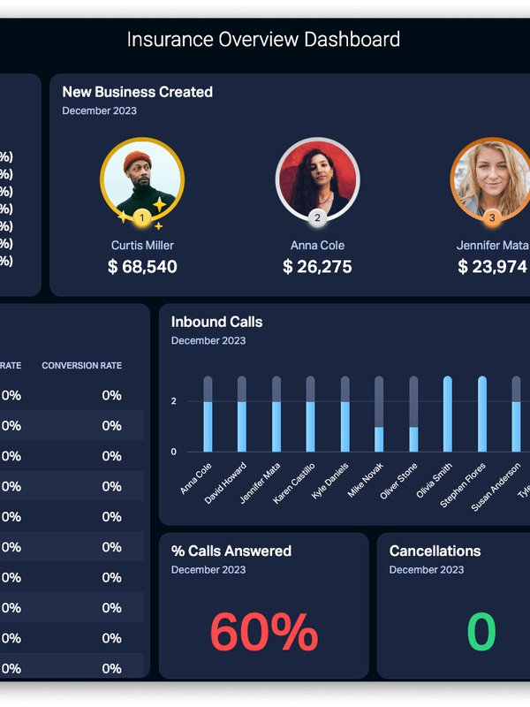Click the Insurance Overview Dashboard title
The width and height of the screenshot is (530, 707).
tap(263, 40)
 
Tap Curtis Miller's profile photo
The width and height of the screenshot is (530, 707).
tap(142, 179)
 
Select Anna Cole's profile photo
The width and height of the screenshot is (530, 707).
tap(317, 179)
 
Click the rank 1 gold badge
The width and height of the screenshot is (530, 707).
tap(142, 217)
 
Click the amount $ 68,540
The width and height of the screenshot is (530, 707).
tap(142, 267)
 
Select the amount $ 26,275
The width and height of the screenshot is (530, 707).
tap(317, 267)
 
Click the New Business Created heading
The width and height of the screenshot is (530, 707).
tap(137, 92)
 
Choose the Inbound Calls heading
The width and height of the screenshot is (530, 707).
tap(216, 323)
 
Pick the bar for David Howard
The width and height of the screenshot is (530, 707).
tap(242, 415)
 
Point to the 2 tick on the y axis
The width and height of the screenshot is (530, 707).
tap(174, 401)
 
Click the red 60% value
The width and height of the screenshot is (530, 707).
tap(263, 632)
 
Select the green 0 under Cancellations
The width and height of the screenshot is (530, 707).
tap(481, 632)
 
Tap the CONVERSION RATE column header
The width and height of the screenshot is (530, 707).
tap(81, 366)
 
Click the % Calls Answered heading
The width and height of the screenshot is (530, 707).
tap(231, 551)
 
